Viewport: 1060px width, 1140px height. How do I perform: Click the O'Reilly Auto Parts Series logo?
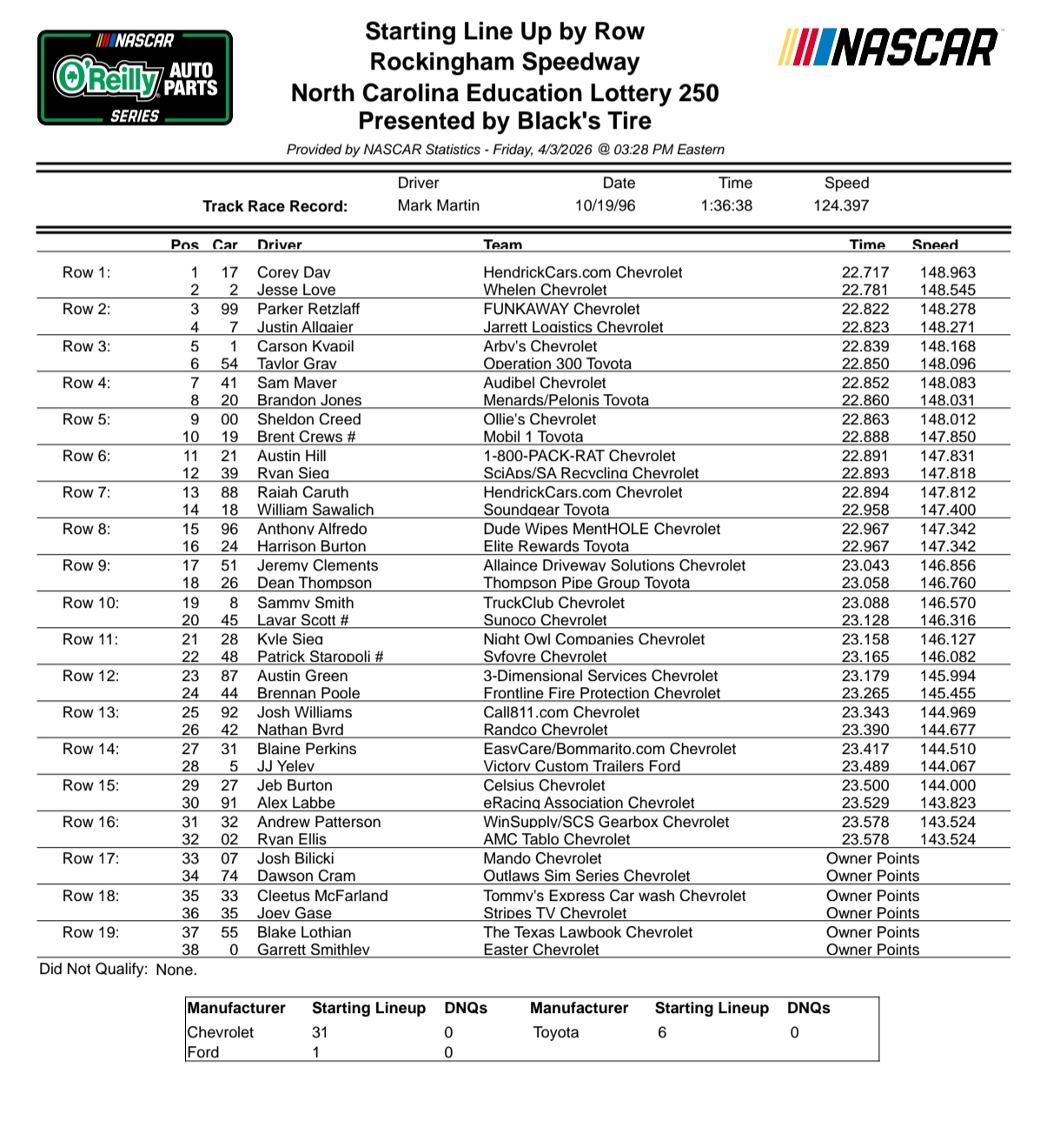135,77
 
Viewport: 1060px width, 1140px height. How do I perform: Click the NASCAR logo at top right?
889,47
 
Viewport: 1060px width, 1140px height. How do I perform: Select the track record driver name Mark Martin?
438,206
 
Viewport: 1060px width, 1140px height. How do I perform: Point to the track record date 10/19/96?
605,206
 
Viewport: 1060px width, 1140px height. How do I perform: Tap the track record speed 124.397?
841,206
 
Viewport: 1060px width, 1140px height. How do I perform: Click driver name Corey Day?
294,272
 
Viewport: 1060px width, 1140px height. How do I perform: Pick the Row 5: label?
86,419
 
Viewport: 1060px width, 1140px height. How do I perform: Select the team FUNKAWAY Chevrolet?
561,309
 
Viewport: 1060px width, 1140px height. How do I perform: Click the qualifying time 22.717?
865,272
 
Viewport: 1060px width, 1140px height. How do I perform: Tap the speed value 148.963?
947,272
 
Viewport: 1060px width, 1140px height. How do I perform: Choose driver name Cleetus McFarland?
322,896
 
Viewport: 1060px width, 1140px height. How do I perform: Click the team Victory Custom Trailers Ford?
581,766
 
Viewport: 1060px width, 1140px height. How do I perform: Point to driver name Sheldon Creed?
308,419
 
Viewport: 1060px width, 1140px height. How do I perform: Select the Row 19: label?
90,932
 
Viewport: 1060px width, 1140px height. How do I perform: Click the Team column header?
503,244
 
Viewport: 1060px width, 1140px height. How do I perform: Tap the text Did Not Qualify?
93,969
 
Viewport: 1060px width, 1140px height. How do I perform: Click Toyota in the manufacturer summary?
555,1032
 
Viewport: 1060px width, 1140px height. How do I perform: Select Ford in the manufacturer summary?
204,1052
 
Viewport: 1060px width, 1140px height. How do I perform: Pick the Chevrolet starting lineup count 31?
320,1032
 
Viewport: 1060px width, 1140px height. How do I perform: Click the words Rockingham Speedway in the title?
504,63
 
